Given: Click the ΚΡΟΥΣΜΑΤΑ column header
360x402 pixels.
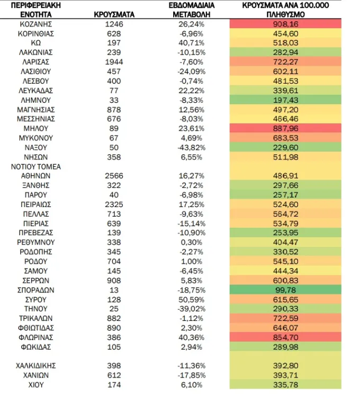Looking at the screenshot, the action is coord(114,14).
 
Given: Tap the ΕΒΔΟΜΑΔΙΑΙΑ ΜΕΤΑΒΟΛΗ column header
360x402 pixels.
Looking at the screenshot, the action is coord(192,10).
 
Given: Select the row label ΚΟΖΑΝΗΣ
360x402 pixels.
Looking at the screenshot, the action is coord(36,24).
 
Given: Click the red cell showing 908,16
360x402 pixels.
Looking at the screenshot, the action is coord(285,24).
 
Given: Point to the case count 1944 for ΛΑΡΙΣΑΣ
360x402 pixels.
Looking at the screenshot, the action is coord(114,62).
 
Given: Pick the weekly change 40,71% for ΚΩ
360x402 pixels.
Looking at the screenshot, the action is coord(192,43).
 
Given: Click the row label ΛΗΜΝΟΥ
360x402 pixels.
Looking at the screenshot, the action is coord(36,100).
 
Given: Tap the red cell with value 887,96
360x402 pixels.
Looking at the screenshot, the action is coord(285,128).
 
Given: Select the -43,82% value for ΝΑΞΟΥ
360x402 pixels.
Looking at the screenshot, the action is coord(192,148).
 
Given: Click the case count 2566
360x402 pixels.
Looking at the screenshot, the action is coord(114,176).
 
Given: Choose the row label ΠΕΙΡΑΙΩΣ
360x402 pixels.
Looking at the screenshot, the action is coord(36,204).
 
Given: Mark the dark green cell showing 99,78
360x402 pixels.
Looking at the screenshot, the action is coord(285,290).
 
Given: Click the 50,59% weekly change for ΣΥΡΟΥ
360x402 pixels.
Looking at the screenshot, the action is coord(192,299).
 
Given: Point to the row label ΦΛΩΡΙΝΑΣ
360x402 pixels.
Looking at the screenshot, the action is coord(36,337).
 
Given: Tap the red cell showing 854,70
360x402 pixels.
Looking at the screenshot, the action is coord(285,337).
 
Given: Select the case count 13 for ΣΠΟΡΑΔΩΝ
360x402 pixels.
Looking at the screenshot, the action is coord(114,290).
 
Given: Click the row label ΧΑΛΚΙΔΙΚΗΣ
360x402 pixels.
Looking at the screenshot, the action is coord(36,365).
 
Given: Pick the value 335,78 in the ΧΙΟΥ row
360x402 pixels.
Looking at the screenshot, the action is coord(285,385).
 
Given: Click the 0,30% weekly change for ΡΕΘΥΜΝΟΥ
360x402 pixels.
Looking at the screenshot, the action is coord(192,242).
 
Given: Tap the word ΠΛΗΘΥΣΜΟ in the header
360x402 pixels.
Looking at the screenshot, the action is coord(285,14).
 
